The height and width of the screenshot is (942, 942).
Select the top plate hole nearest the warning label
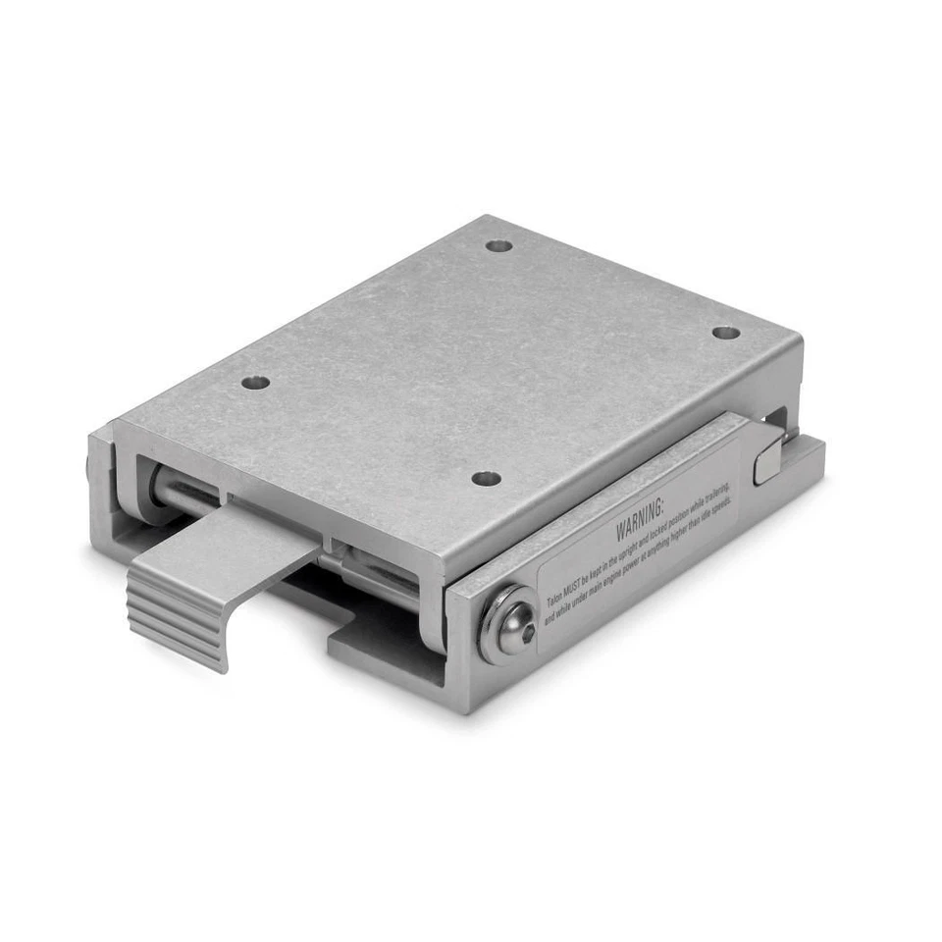486,479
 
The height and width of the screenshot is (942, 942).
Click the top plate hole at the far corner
499,245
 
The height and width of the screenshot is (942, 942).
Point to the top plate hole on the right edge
725,333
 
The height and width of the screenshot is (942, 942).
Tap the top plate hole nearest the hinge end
255,382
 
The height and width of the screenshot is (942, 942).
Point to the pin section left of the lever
182,494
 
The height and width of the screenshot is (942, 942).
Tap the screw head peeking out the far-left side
91,467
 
